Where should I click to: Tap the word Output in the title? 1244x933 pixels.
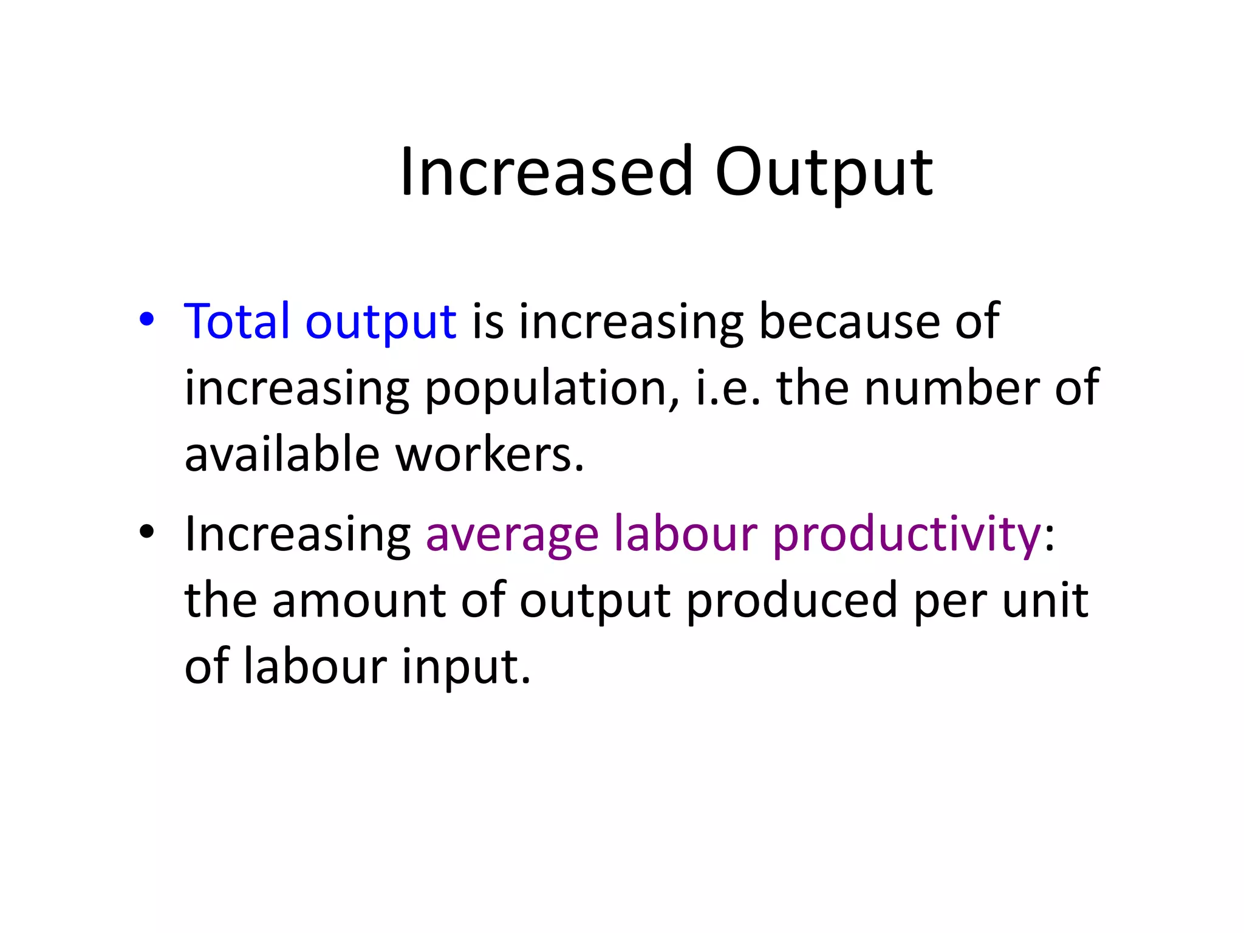824,173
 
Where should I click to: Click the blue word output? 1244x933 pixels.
381,322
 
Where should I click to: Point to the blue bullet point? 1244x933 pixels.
146,319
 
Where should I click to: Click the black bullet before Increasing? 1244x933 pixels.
146,532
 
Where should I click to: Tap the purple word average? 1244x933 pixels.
512,535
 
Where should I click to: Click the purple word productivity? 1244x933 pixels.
907,535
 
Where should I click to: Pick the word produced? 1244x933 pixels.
791,601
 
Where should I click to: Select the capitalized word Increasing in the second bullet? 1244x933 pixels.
298,535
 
